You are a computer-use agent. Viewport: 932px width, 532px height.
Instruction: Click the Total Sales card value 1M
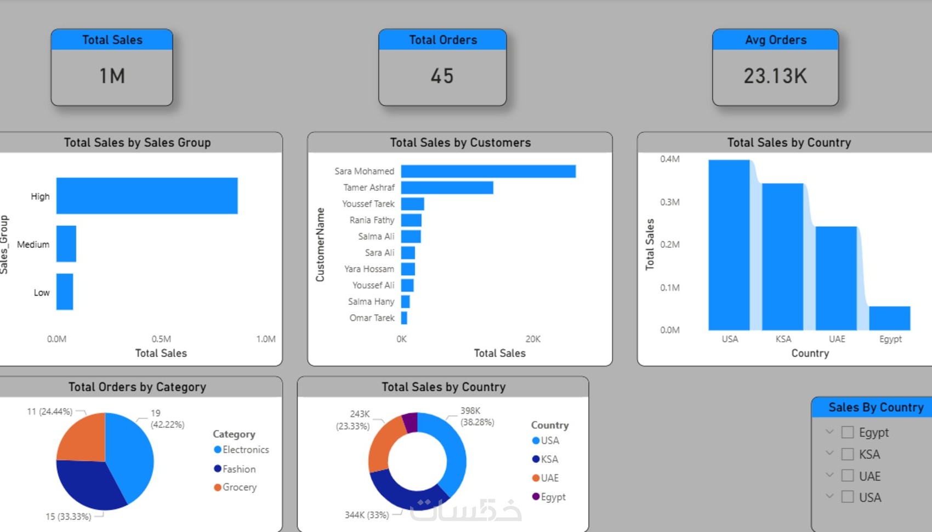click(112, 76)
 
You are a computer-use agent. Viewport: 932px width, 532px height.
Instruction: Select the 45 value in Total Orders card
click(442, 76)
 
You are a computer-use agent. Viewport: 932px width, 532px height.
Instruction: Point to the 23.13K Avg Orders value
click(775, 76)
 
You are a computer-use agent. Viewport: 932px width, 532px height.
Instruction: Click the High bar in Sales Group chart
click(147, 196)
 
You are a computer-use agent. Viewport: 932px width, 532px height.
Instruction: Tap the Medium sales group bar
click(66, 244)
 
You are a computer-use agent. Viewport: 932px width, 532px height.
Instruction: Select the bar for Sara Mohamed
click(488, 171)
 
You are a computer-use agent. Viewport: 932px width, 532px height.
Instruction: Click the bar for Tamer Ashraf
click(447, 188)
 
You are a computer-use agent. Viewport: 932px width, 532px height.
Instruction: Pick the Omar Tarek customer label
click(372, 318)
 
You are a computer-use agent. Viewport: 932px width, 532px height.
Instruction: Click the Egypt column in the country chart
click(889, 318)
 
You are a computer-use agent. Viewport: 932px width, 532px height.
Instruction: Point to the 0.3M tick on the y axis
click(669, 202)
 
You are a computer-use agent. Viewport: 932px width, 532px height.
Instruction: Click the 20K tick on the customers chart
click(533, 339)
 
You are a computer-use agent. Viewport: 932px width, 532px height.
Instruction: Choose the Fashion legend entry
click(238, 469)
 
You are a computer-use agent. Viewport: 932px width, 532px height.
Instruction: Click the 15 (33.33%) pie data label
click(68, 517)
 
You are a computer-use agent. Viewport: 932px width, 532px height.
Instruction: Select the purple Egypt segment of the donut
click(410, 422)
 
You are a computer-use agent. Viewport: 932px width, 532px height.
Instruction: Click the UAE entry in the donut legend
click(549, 478)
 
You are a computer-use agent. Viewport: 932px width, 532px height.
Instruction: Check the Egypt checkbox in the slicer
click(848, 432)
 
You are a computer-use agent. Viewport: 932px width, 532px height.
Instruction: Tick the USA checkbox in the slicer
click(848, 497)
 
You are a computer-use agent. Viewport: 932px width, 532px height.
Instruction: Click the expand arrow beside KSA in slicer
click(829, 454)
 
